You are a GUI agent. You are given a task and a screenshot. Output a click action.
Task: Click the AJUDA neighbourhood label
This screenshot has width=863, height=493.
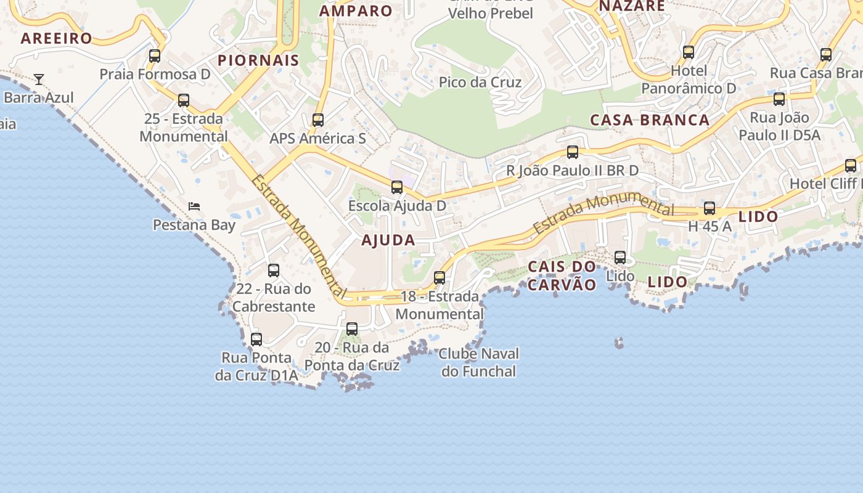coord(388,240)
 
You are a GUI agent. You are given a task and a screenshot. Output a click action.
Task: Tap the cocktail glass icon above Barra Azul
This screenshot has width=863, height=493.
coord(39,79)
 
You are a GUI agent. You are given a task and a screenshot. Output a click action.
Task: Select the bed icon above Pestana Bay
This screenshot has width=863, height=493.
coord(194,206)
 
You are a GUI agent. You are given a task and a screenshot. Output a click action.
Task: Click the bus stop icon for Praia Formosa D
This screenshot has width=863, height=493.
coord(155,56)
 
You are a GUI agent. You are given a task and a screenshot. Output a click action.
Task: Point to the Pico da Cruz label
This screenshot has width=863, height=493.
coord(480,82)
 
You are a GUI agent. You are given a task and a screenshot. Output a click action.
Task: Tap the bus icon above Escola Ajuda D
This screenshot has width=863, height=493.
coord(397,187)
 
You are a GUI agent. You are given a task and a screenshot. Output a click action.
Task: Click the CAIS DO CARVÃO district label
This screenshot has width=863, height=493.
coord(562,275)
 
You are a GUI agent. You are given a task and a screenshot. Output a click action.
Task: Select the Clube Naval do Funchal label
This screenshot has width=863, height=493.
coord(479,362)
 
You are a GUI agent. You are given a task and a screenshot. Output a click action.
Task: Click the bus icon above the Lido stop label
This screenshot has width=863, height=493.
coord(620,258)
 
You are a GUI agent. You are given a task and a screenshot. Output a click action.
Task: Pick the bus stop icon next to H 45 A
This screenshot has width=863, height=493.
coord(710,208)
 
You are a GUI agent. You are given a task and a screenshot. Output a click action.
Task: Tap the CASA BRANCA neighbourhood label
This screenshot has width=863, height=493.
coord(650,120)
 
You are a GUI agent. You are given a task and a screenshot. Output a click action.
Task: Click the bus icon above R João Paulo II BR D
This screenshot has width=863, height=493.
coord(573,152)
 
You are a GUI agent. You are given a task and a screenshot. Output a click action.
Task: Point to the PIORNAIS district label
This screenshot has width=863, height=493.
coord(258,60)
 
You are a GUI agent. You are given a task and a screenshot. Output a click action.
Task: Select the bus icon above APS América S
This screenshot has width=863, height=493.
coord(318,120)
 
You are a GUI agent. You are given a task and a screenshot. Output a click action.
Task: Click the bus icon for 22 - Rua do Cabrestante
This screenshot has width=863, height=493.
coord(274,271)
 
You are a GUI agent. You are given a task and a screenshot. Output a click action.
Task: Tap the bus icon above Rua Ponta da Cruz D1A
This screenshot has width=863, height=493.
coord(256,340)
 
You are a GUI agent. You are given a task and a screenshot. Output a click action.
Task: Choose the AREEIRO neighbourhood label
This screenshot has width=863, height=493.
coord(56,38)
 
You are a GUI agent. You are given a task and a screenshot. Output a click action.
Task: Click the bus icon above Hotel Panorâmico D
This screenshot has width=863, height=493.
coord(689,52)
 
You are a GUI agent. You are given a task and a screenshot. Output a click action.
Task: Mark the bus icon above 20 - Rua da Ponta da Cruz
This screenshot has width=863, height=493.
coord(352,329)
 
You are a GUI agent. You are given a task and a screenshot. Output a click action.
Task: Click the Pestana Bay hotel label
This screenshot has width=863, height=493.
coord(194,224)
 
